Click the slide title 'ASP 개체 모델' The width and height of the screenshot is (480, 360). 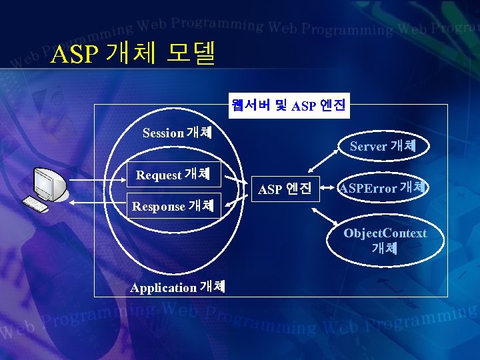pyautogui.click(x=133, y=54)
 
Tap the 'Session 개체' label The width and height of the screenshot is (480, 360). pyautogui.click(x=177, y=133)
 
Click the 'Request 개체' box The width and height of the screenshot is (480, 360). pyautogui.click(x=173, y=175)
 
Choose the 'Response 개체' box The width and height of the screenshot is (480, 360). pyautogui.click(x=173, y=206)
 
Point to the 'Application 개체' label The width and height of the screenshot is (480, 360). pyautogui.click(x=177, y=287)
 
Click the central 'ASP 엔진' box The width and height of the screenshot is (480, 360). pyautogui.click(x=285, y=189)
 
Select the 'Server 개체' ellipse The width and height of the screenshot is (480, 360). pyautogui.click(x=383, y=146)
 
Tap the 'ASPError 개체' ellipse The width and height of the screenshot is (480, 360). pyautogui.click(x=383, y=188)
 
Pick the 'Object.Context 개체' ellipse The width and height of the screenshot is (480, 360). pyautogui.click(x=385, y=241)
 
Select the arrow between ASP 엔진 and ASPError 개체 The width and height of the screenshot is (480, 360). pyautogui.click(x=327, y=189)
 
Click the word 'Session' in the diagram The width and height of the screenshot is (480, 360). pyautogui.click(x=163, y=133)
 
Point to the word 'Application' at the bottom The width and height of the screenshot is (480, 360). pyautogui.click(x=163, y=288)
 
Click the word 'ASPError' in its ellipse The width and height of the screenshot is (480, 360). pyautogui.click(x=368, y=189)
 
